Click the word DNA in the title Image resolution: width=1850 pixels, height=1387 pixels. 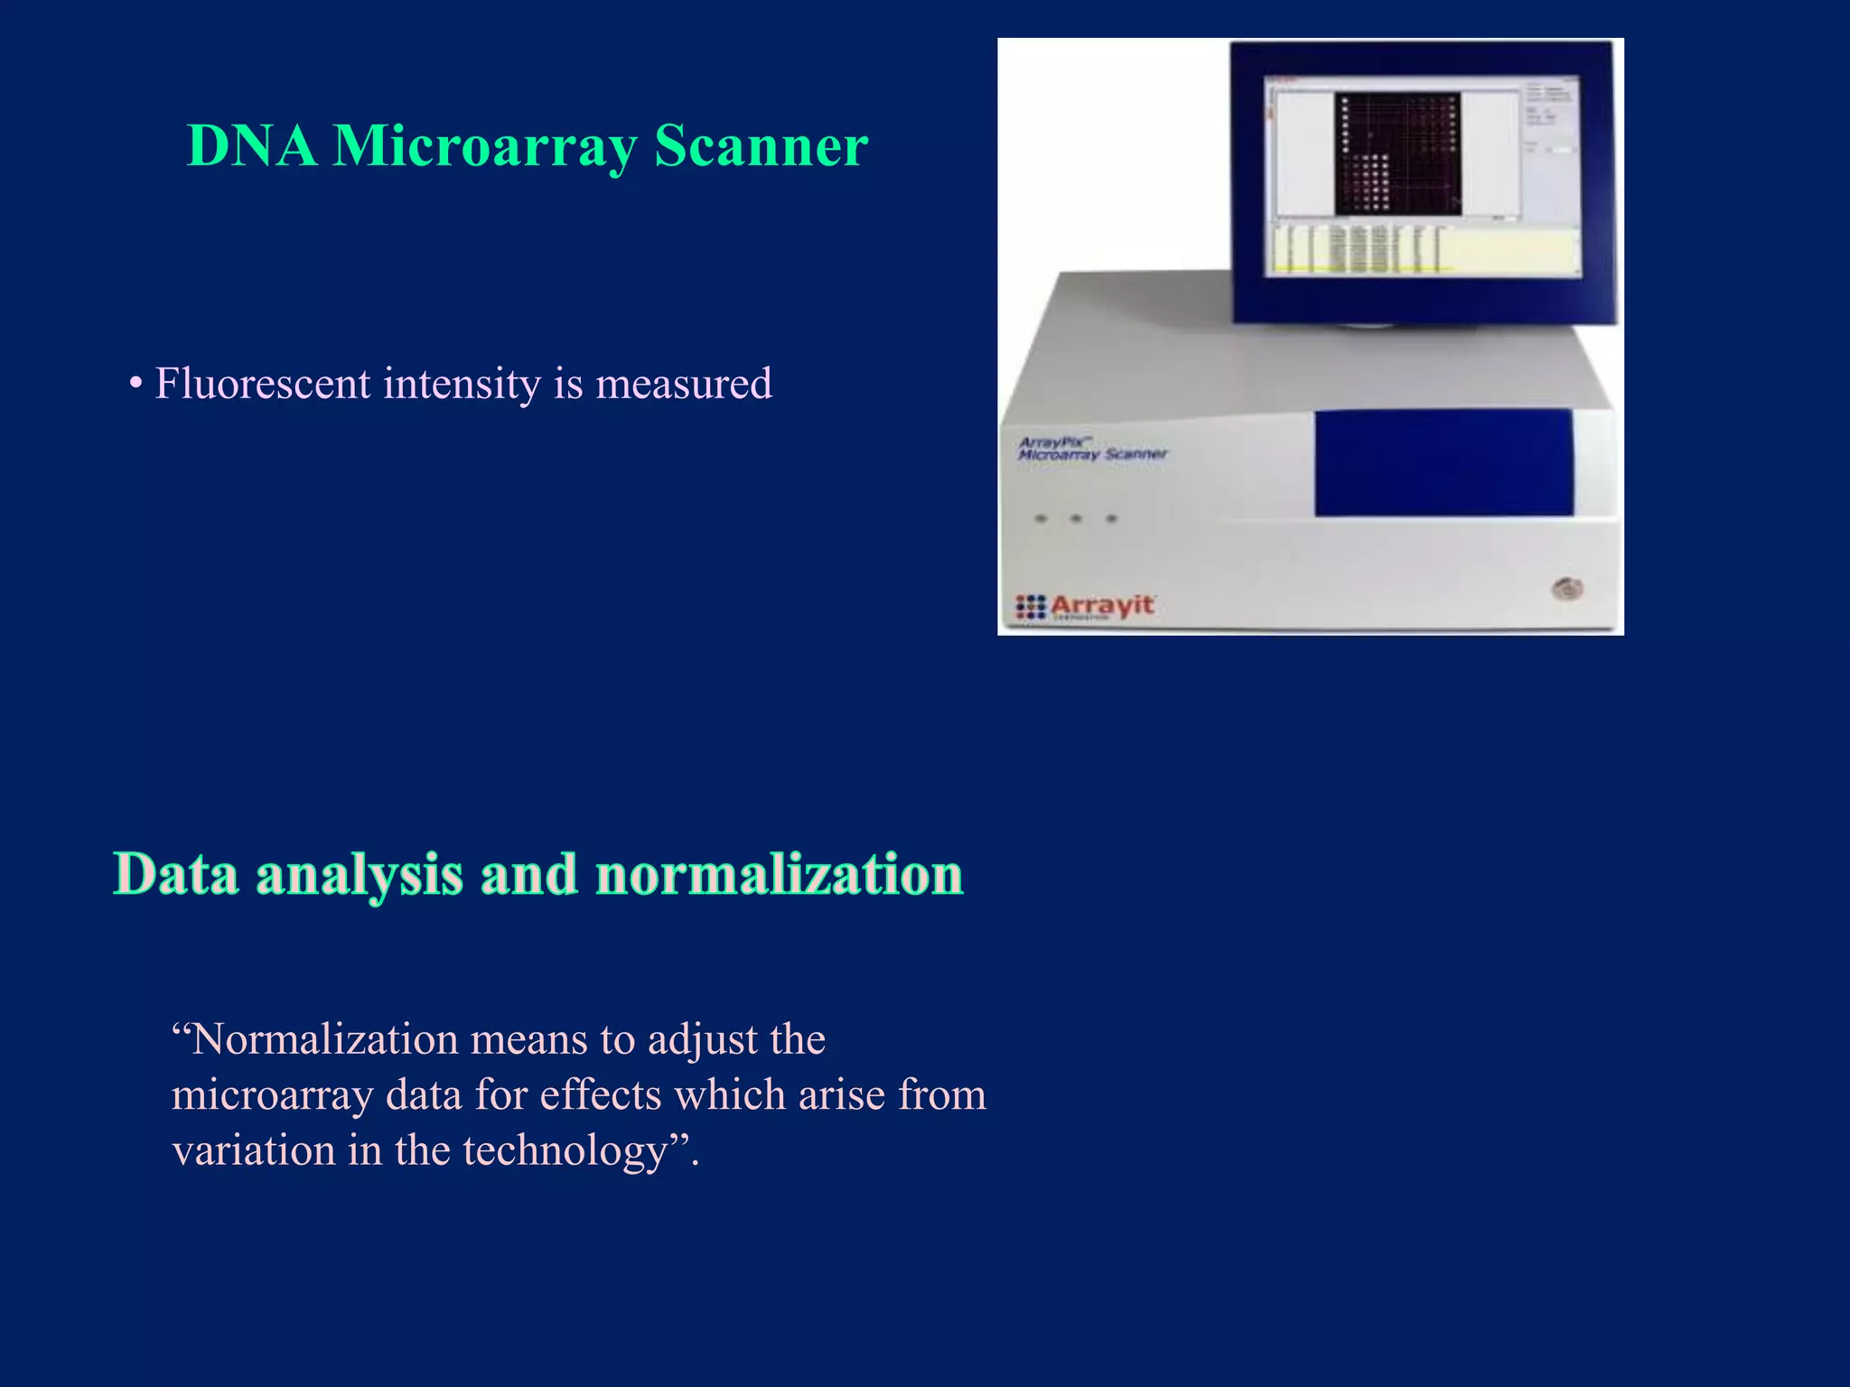click(x=251, y=146)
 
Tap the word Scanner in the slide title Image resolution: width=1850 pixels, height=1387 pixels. click(x=761, y=146)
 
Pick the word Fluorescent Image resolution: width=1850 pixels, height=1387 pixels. click(x=263, y=384)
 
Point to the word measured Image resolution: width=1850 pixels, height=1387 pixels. click(x=684, y=384)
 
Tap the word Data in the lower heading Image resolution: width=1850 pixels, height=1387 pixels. click(x=177, y=875)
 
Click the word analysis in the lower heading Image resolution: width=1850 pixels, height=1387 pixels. click(x=360, y=875)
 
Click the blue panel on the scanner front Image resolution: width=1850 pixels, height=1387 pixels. click(x=1443, y=462)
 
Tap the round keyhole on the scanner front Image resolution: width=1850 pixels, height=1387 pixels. click(x=1567, y=590)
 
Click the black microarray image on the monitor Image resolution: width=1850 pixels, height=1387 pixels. click(x=1397, y=154)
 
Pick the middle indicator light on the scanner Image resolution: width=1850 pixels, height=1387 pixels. click(x=1076, y=519)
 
